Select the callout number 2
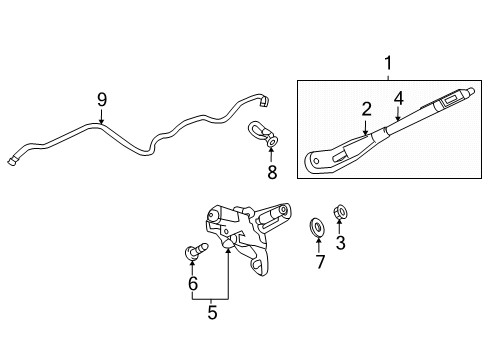(x=366, y=108)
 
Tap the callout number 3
(x=340, y=244)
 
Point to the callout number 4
(x=397, y=97)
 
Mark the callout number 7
(x=321, y=262)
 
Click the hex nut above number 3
(x=339, y=212)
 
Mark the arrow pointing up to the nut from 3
(x=339, y=227)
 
